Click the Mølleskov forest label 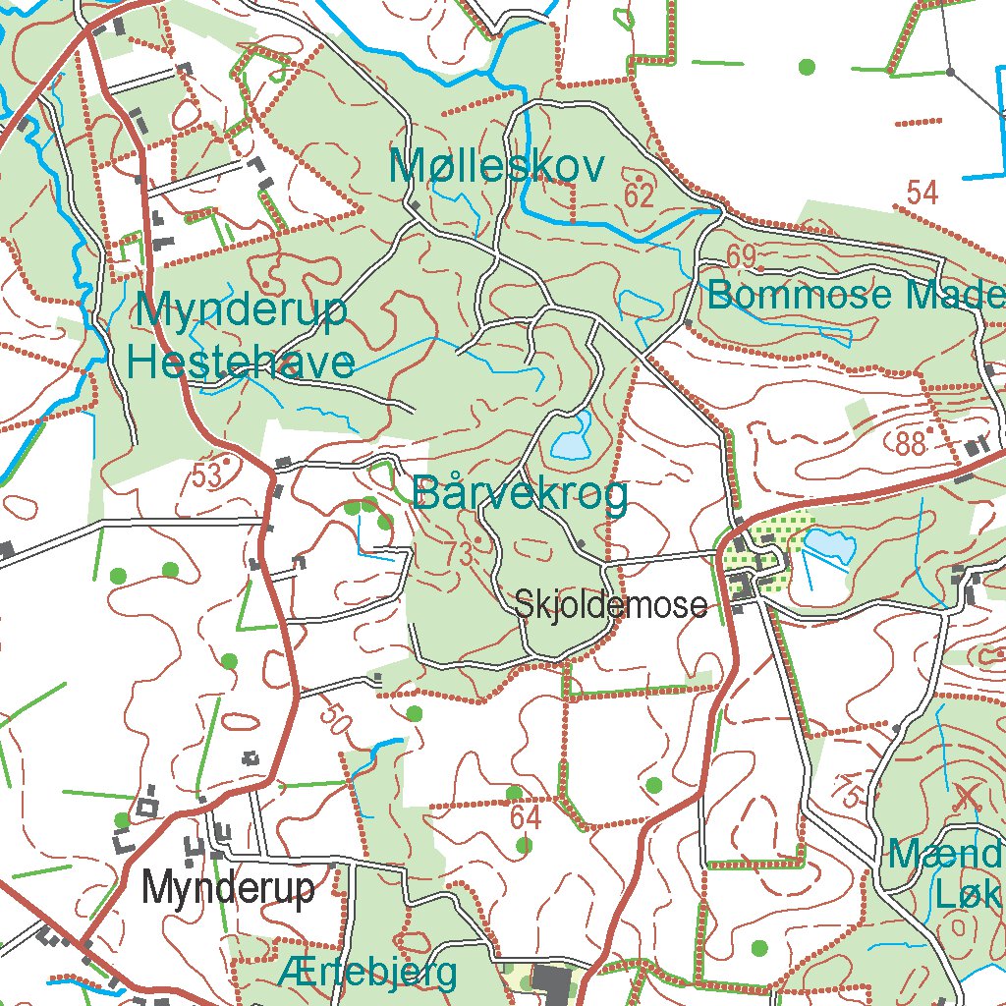coord(497,168)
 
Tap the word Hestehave coord(241,363)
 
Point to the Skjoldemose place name coord(610,605)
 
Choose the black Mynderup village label coord(229,888)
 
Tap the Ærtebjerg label coord(367,973)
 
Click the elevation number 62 coord(639,196)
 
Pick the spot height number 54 coord(922,193)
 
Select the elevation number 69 coord(742,257)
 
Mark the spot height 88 coord(911,443)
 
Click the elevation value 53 coord(206,475)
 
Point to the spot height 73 coord(458,554)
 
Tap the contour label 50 coord(335,721)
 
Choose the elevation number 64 coord(526,817)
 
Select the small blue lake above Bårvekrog coord(571,438)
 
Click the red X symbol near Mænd coord(968,796)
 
